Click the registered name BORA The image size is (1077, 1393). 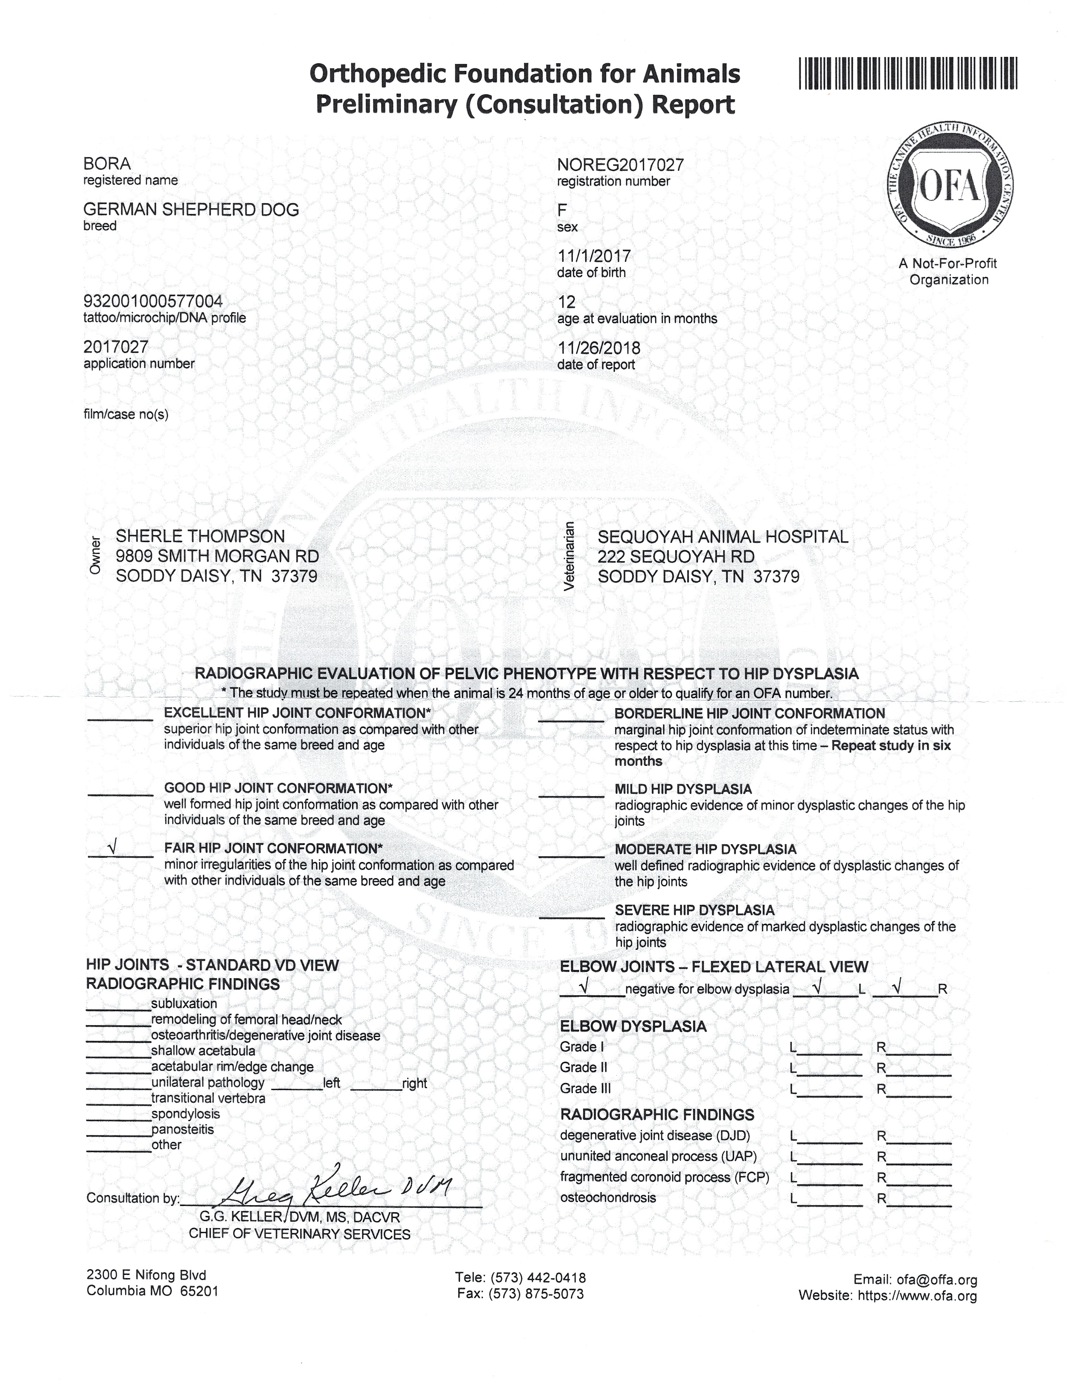pyautogui.click(x=107, y=164)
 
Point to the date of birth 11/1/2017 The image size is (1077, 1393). pyautogui.click(x=594, y=256)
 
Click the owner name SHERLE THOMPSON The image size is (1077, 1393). pyautogui.click(x=200, y=536)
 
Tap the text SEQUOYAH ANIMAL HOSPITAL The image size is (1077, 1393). pyautogui.click(x=723, y=537)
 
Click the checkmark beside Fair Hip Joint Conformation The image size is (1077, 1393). pyautogui.click(x=112, y=848)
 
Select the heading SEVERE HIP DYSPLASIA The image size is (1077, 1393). pyautogui.click(x=694, y=910)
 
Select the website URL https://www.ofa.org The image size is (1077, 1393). pyautogui.click(x=917, y=1295)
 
